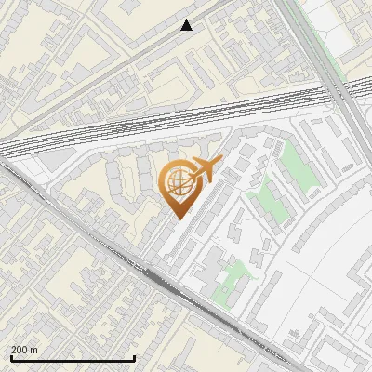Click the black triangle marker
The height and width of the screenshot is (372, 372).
187,25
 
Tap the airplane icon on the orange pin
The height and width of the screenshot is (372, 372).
202,170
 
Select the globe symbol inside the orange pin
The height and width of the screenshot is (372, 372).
177,182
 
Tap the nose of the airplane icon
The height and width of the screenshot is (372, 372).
219,162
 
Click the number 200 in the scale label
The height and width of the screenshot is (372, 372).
20,350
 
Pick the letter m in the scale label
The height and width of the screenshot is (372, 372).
34,350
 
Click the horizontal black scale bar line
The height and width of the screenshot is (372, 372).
73,357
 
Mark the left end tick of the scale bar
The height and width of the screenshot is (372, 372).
10,355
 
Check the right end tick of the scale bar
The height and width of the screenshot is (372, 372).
135,355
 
